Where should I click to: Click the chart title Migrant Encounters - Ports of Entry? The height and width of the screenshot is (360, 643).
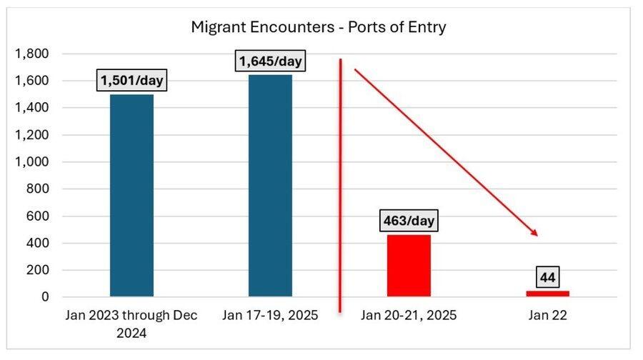coord(318,27)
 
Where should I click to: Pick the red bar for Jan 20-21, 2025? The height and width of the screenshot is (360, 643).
coord(409,265)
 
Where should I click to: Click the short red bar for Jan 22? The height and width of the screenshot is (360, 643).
coord(547,293)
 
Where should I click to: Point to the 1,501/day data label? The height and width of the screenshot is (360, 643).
coord(131,81)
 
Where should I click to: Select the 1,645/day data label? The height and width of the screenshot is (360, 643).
coord(271,61)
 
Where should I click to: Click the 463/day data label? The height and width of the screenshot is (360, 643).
coord(409,220)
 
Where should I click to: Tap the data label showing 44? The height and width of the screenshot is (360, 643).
coord(547,276)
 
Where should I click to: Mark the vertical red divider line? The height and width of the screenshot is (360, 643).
coord(340,186)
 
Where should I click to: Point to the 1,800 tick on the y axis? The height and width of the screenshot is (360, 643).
coord(34,54)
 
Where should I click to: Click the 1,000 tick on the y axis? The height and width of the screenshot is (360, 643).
coord(34,162)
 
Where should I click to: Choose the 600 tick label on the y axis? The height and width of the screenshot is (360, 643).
coord(39,216)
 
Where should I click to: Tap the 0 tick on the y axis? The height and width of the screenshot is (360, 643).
coord(45,296)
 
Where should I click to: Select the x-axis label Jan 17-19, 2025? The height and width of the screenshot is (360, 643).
coord(270,315)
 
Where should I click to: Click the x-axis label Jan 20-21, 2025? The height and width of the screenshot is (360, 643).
coord(409,315)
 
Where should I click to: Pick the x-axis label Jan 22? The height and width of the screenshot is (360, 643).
coord(547,315)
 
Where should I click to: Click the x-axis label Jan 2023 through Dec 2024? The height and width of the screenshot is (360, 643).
coord(131,322)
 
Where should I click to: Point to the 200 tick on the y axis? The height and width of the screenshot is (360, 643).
coord(39,270)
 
